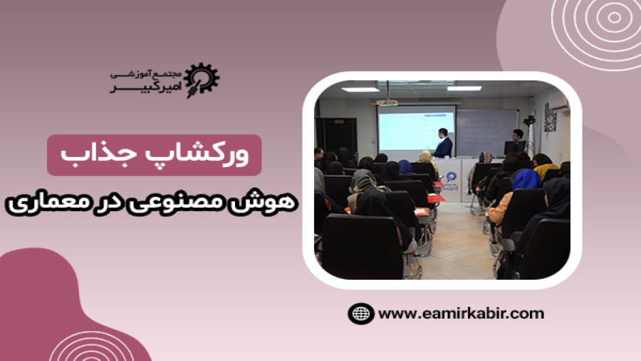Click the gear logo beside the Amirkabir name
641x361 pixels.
click(x=201, y=80)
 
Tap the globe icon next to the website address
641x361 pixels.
click(x=360, y=314)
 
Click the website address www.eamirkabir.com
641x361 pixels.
click(x=461, y=314)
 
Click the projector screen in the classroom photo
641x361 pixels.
click(x=417, y=128)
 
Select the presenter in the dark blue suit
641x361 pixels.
click(x=443, y=143)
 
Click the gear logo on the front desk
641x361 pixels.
click(x=451, y=177)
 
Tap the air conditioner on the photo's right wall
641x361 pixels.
click(x=560, y=106)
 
